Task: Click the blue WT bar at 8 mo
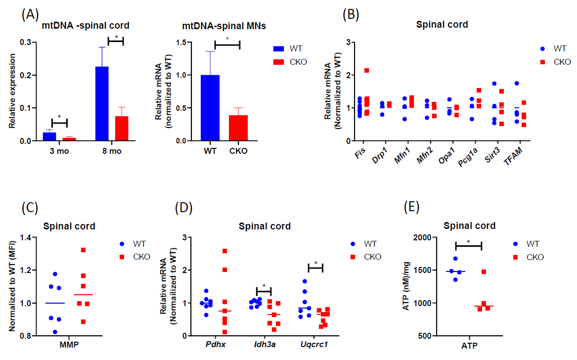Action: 102,104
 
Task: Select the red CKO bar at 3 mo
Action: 69,139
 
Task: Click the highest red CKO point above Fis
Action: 366,71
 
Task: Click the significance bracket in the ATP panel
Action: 468,245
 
